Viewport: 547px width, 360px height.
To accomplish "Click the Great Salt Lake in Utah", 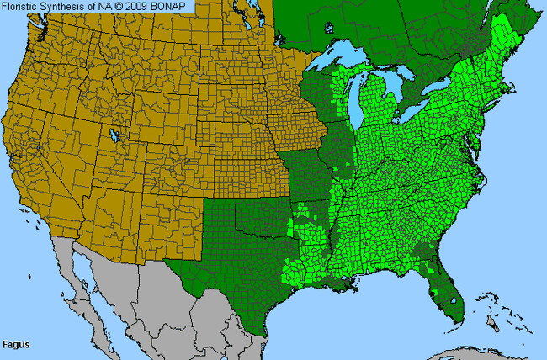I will point(113,134).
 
